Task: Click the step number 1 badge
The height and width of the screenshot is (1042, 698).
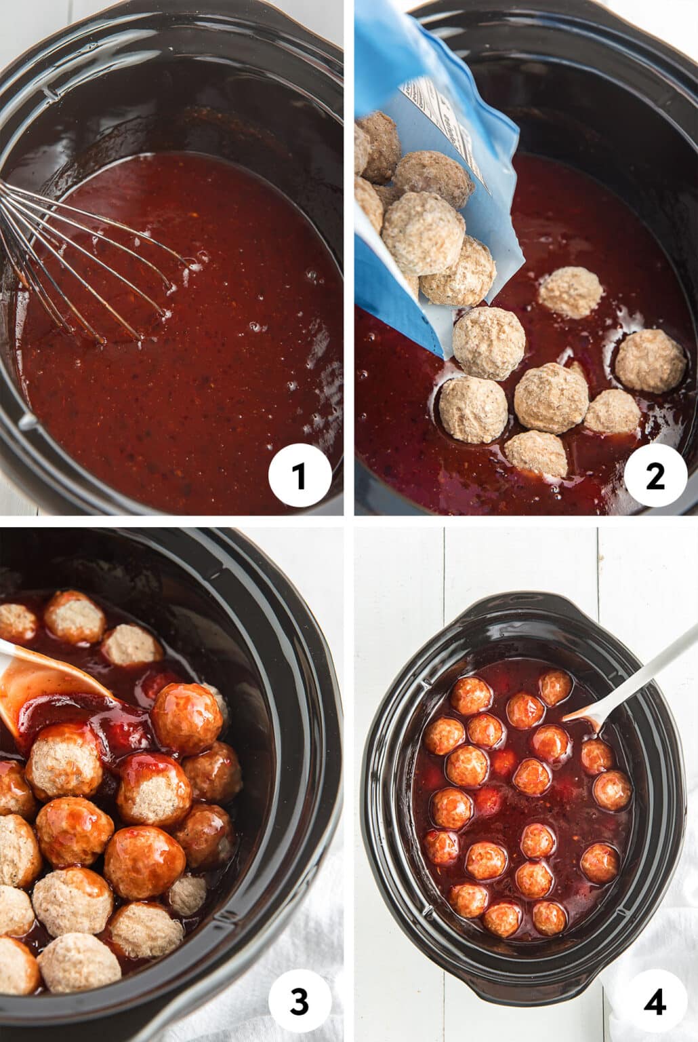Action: point(299,476)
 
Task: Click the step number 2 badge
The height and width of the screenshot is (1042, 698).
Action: point(655,476)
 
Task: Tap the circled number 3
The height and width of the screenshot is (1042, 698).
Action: point(299,1002)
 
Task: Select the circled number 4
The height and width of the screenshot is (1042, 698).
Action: point(655,1002)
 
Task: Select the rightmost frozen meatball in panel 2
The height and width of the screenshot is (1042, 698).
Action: point(650,360)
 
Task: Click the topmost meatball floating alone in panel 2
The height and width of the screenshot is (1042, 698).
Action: point(571,292)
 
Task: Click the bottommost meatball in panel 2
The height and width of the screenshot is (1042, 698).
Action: point(536,452)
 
